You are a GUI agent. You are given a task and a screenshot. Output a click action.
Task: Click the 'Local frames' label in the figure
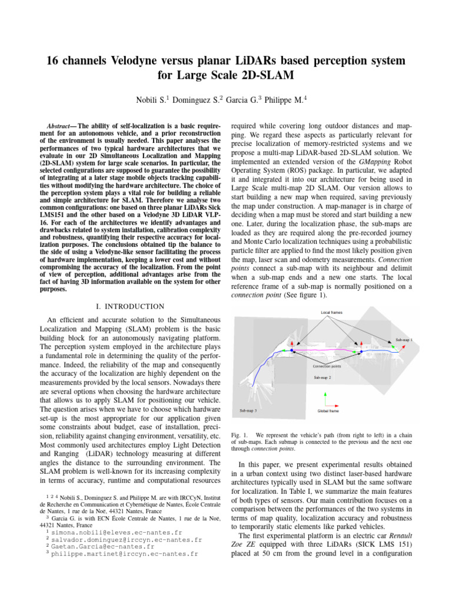tap(331, 312)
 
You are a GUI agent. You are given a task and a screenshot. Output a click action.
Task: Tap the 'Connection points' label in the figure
tap(326, 366)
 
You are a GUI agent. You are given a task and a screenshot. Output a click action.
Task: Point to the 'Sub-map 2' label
tap(322, 377)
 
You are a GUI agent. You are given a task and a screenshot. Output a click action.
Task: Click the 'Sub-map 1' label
tap(404, 340)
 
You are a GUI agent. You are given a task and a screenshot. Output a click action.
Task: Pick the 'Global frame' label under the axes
tap(328, 411)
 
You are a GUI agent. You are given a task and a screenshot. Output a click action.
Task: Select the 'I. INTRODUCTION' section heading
tap(129, 306)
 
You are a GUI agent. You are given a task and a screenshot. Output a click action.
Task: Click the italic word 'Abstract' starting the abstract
tap(59, 126)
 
